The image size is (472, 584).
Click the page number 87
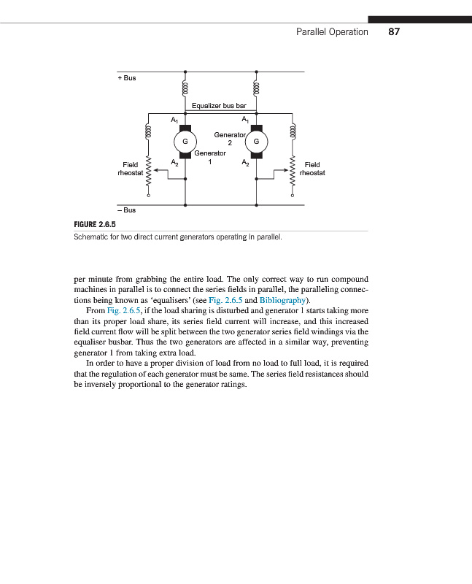395,32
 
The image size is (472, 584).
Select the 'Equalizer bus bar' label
219,106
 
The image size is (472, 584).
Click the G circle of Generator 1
185,141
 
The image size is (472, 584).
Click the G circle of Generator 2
257,141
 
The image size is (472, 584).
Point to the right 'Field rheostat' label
312,169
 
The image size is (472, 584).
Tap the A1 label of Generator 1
174,119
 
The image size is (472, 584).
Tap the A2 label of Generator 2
246,163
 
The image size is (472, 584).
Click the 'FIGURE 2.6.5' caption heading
96,225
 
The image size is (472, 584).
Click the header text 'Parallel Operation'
332,32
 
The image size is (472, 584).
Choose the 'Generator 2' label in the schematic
229,139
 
